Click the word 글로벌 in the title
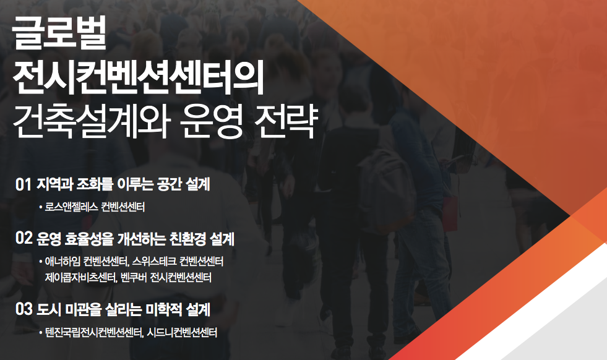tap(59, 33)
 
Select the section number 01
tap(24, 185)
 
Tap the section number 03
tap(24, 309)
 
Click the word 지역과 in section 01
tap(54, 184)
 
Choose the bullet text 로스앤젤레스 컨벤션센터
tap(95, 207)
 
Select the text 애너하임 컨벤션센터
tap(87, 261)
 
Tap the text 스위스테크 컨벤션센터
tap(178, 261)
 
